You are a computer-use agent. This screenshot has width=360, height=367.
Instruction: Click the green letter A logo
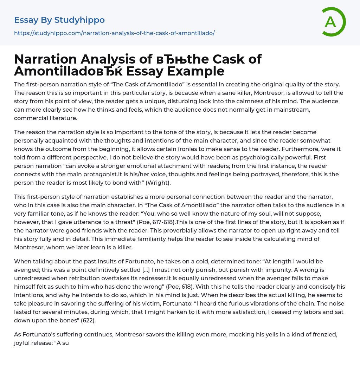[332, 22]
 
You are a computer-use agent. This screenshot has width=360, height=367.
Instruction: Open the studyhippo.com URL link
[114, 33]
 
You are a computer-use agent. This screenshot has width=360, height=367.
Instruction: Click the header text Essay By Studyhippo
[59, 20]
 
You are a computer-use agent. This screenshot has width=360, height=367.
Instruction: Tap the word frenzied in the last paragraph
[319, 334]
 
